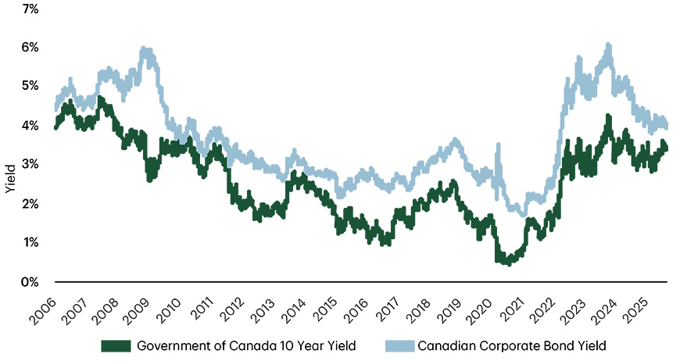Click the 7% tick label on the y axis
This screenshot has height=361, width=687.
[30, 9]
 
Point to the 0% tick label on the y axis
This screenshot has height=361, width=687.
[30, 281]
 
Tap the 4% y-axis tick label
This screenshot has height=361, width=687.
[30, 126]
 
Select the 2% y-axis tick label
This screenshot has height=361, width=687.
[30, 204]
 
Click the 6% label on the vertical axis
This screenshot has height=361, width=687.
[30, 48]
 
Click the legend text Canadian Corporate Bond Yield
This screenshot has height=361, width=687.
[513, 345]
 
